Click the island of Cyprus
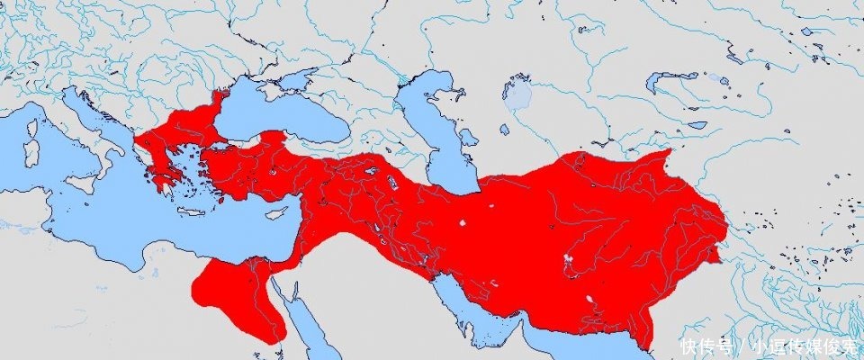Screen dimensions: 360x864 [x=275, y=213]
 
